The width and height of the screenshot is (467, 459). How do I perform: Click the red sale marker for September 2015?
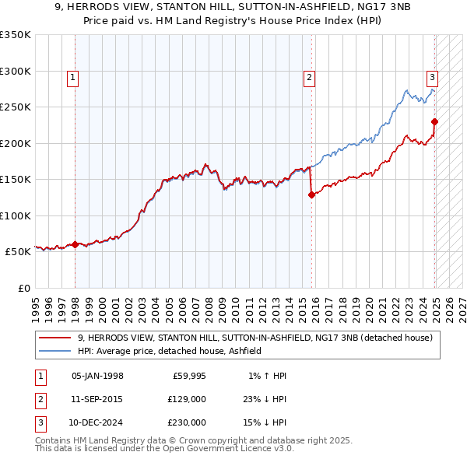pos(311,195)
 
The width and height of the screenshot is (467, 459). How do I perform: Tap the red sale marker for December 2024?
pos(434,121)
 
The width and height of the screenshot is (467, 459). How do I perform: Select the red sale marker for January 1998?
pos(75,244)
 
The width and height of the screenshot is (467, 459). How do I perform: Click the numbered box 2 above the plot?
pos(309,77)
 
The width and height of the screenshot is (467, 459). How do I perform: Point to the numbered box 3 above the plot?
pos(431,77)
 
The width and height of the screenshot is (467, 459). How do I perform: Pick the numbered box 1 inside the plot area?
pos(72,77)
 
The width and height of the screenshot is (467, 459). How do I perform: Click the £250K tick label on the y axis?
pos(16,107)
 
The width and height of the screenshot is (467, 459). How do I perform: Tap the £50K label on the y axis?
pos(18,252)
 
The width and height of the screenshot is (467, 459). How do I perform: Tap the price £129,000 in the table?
pos(187,399)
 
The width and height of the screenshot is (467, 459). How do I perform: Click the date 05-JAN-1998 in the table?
pos(97,376)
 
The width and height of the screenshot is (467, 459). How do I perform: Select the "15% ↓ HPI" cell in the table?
pos(264,422)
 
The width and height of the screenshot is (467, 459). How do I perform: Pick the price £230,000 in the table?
pos(187,422)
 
